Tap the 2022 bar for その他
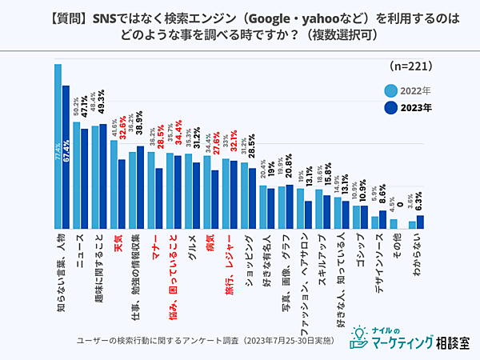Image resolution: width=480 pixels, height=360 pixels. pyautogui.click(x=393, y=224)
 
